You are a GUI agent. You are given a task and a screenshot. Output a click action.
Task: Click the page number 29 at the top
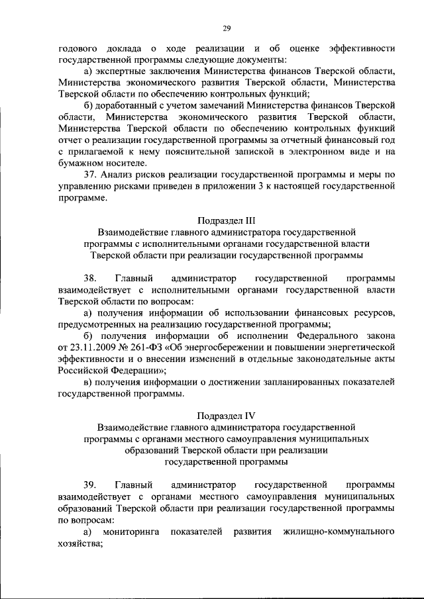click(x=227, y=28)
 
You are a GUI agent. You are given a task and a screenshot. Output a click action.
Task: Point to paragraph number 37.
click(x=89, y=174)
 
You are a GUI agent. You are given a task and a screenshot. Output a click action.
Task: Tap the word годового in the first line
click(x=78, y=48)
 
